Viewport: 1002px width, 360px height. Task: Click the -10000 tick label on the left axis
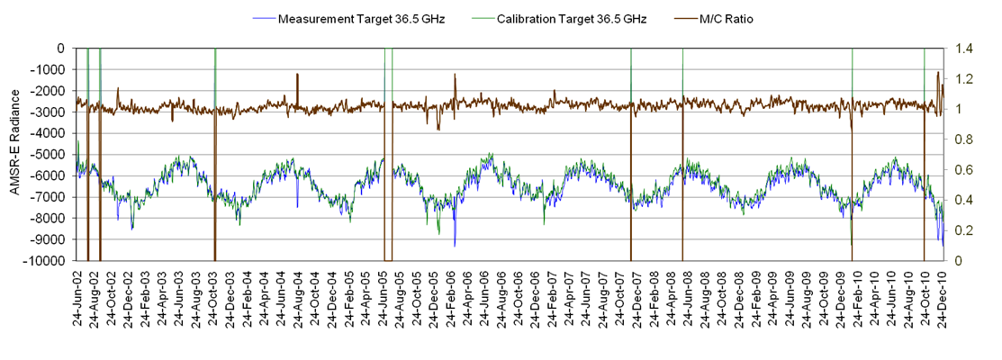(x=47, y=261)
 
